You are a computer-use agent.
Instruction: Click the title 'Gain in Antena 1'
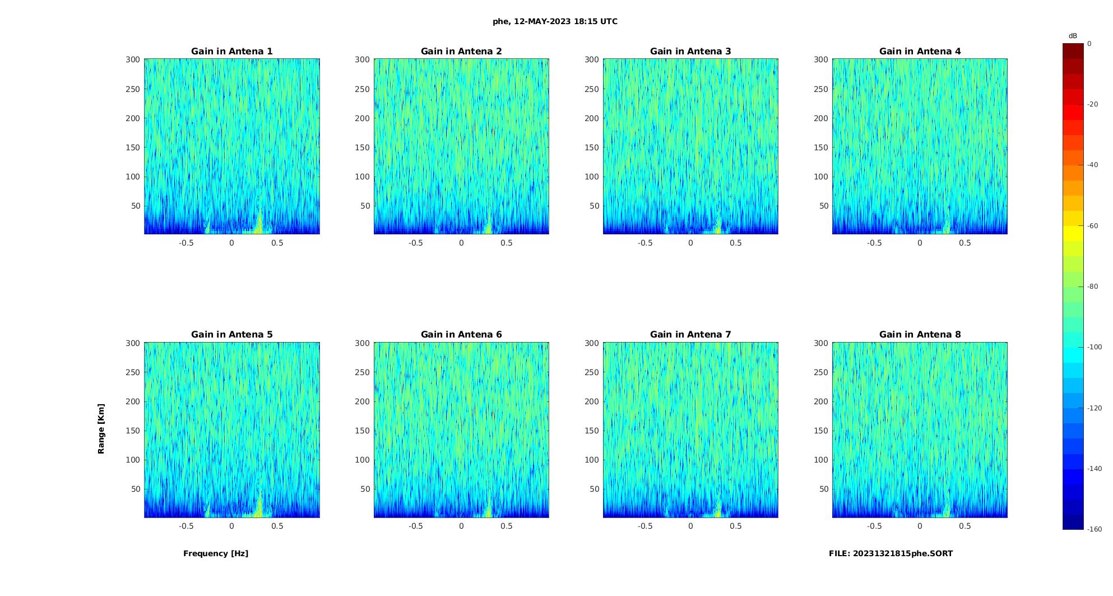pos(231,52)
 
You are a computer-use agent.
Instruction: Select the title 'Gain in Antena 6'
pos(461,335)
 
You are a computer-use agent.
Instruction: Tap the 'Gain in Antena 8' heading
pos(920,335)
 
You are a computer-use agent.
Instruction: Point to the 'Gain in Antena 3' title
pos(690,52)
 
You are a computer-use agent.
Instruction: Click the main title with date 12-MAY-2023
pos(555,21)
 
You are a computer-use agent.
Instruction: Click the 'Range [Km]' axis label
pos(101,428)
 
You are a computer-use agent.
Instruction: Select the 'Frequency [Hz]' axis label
pos(216,553)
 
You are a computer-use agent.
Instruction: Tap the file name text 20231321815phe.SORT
pos(891,553)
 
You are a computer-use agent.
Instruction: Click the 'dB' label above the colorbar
pos(1073,36)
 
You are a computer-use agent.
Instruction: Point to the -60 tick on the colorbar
pos(1093,226)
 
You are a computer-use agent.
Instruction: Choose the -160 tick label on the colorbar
pos(1095,529)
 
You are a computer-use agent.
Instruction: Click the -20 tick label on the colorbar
pos(1093,104)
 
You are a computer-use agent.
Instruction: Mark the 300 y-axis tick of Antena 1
pos(133,59)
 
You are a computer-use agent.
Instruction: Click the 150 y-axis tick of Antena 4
pos(820,147)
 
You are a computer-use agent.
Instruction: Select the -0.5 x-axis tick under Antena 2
pos(415,243)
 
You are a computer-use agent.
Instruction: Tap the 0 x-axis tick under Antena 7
pos(690,526)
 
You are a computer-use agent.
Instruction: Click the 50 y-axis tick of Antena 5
pos(136,489)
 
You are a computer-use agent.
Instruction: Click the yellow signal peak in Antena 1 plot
pos(258,224)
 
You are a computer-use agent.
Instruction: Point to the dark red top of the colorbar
pos(1073,51)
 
